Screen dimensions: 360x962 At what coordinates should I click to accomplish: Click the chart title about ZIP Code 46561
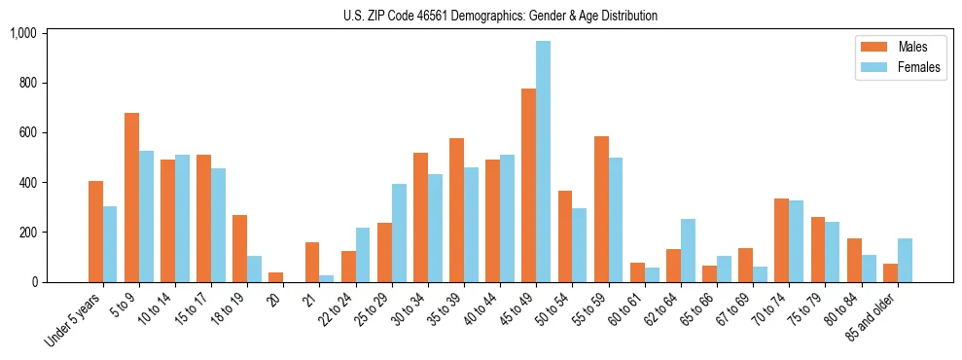tap(500, 16)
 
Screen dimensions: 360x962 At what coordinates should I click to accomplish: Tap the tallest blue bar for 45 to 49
tap(543, 162)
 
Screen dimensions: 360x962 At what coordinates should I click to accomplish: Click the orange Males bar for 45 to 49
tap(528, 185)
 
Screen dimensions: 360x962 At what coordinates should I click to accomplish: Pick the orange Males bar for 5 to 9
tap(131, 198)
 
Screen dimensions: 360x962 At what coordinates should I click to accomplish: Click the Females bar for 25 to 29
tap(399, 233)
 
